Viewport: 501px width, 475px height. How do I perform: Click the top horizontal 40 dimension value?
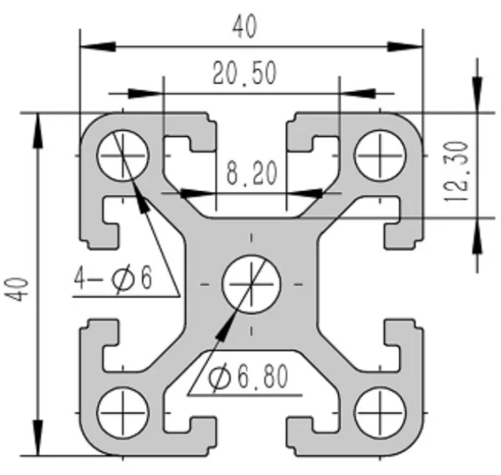[x=245, y=26]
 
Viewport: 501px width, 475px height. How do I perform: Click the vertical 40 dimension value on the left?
[x=17, y=290]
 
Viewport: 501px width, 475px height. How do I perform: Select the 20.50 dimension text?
[x=245, y=73]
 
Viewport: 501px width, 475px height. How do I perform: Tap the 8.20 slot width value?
[x=252, y=173]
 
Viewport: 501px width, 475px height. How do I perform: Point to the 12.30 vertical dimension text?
[x=457, y=171]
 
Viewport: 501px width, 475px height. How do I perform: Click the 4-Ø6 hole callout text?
[x=113, y=278]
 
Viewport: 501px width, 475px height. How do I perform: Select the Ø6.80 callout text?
[x=248, y=377]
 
